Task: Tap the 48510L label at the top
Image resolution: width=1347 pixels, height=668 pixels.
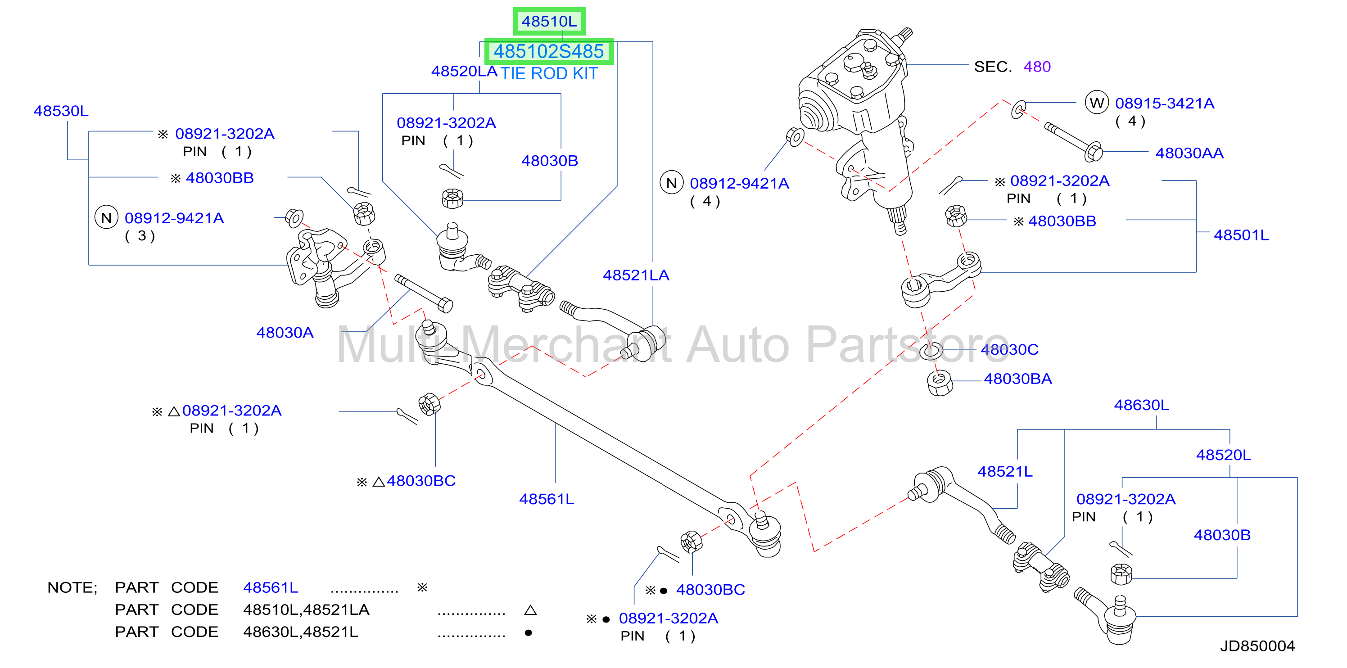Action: coord(549,22)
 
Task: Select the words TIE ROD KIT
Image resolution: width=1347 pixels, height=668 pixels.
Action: coord(549,74)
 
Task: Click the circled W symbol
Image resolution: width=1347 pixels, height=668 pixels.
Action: coord(1097,103)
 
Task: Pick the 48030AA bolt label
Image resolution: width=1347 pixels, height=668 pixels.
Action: coord(1189,153)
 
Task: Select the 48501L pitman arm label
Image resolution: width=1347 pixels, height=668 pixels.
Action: coord(1241,235)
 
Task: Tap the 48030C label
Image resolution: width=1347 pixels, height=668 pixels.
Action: coord(1009,349)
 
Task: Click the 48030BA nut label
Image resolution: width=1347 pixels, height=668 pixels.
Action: coord(1017,379)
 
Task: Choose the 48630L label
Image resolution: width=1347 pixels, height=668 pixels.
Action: coord(1142,405)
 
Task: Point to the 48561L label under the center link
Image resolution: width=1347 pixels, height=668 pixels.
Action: coord(547,499)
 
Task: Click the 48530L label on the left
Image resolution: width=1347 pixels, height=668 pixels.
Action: coord(61,111)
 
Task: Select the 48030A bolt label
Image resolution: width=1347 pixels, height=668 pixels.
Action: coord(285,333)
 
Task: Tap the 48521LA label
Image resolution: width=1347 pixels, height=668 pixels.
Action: coord(636,275)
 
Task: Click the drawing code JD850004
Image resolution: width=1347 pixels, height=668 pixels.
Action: coord(1257,646)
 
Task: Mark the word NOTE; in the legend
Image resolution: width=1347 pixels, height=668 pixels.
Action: coord(72,587)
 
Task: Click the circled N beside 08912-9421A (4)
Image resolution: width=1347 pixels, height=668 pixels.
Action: coord(671,183)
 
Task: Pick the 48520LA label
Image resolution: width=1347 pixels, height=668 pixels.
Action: coord(464,71)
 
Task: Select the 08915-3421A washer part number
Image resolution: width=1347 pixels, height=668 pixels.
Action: coord(1165,103)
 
